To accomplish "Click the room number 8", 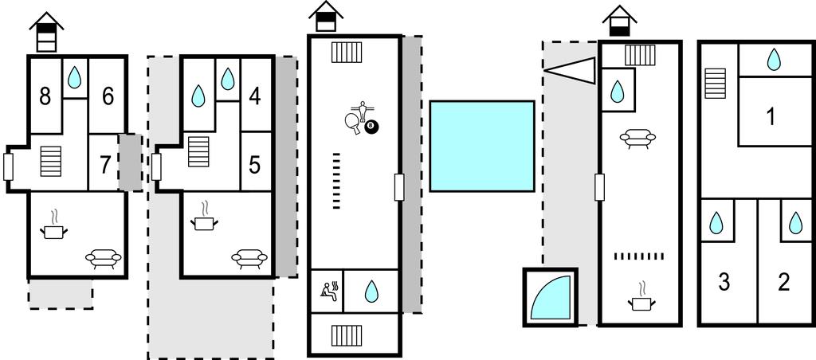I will (x=45, y=96).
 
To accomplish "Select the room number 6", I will (x=108, y=96).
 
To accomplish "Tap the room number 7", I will (x=104, y=166).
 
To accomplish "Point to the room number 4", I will (x=255, y=96).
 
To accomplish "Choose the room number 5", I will (x=255, y=166).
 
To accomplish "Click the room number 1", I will (x=771, y=117).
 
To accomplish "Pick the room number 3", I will (x=724, y=282).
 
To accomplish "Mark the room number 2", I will (x=783, y=282).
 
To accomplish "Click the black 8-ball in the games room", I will (x=371, y=126).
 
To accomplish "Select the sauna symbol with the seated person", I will (x=329, y=289).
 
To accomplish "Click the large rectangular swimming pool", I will (x=481, y=146).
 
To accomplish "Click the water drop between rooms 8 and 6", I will (x=74, y=77).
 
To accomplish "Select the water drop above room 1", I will (x=773, y=59).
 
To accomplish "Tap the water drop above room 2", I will (x=796, y=223).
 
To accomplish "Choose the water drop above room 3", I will (x=717, y=223).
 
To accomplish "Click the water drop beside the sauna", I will (x=371, y=292).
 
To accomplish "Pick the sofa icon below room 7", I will (x=104, y=258).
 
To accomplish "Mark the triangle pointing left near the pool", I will (x=571, y=70).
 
